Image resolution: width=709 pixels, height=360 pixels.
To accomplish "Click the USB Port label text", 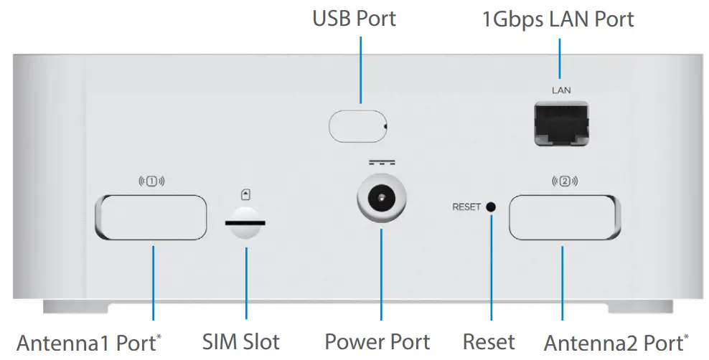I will coord(354,19).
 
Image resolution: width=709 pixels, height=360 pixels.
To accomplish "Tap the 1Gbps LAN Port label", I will coord(558,19).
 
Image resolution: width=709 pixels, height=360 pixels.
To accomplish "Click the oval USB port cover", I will coord(358,125).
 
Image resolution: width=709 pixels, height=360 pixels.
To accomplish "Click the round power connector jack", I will coord(381,196).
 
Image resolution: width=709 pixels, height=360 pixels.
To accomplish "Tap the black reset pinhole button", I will coord(491,207).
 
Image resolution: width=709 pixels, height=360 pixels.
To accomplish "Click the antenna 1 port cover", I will coord(151,217).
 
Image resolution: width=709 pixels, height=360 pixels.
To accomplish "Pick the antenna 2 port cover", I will coord(563,217).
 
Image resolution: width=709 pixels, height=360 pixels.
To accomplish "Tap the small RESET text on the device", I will coord(466,208).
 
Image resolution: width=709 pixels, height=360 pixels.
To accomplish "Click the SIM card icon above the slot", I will coord(246,194).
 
